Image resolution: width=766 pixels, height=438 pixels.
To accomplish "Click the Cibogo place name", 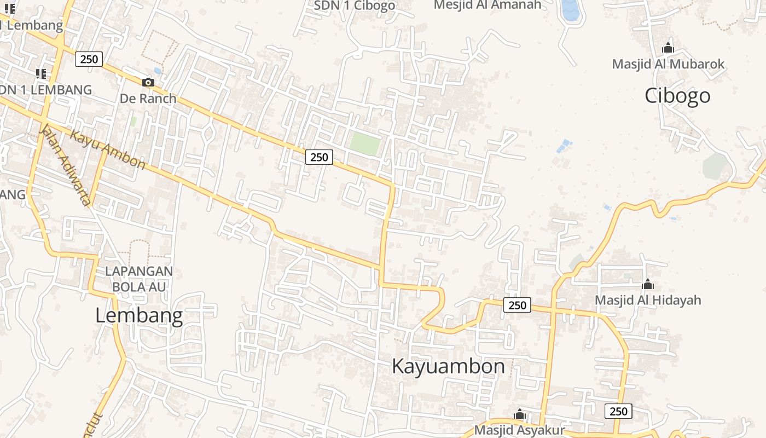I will coord(677,96).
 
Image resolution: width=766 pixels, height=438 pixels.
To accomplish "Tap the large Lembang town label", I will coord(139,315).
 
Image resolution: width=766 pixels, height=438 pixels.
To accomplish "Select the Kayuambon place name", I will coord(448,366).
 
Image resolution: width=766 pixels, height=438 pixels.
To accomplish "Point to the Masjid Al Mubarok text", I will coord(668,64).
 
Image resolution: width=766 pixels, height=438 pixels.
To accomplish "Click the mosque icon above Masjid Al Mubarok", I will coord(668,48).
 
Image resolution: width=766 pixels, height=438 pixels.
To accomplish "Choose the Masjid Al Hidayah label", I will coord(648,300).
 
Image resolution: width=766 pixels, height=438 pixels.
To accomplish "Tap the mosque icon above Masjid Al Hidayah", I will coord(648,285).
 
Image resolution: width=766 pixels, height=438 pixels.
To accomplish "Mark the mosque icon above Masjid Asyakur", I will coord(520,414).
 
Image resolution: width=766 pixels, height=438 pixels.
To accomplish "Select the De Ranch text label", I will coord(148,99).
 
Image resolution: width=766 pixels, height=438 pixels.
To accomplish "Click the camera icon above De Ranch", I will coord(148,83).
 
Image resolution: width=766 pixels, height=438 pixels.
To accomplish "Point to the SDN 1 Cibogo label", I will coord(355,5).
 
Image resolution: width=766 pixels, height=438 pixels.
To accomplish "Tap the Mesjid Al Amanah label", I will coord(488,5).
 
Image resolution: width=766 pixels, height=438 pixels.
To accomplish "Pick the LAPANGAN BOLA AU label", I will coord(139,279).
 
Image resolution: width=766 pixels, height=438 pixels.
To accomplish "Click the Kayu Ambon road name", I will coord(108,148).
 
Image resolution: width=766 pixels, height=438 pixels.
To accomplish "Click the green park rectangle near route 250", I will coord(365,144).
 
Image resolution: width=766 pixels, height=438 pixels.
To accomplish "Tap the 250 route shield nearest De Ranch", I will coord(89,59).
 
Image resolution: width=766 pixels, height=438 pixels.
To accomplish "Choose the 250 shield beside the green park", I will coord(319,157).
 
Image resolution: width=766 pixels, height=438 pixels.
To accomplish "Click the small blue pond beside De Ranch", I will coord(158,71).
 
